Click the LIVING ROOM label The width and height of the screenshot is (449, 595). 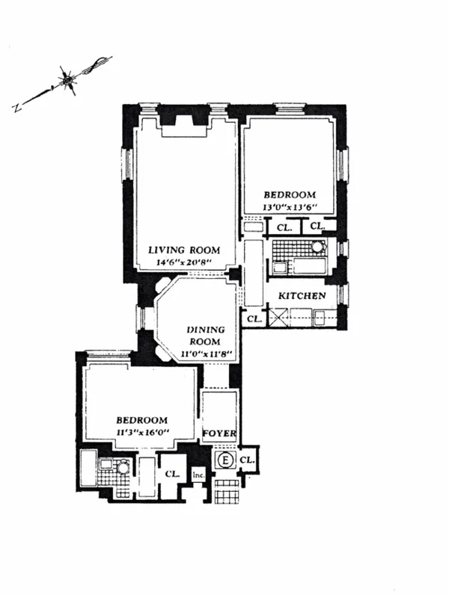[x=182, y=250]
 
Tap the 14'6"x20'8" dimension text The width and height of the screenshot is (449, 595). [x=182, y=262]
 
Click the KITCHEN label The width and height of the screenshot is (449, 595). [x=302, y=296]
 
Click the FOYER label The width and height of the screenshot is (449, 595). [x=220, y=434]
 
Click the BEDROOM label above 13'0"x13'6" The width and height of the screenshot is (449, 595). [x=290, y=194]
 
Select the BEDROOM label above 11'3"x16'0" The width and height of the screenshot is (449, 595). [x=142, y=420]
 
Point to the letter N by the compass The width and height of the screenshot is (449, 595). [x=16, y=108]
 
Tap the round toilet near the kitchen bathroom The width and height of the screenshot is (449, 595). [x=318, y=248]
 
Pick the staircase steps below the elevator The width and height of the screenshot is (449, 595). [x=224, y=490]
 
